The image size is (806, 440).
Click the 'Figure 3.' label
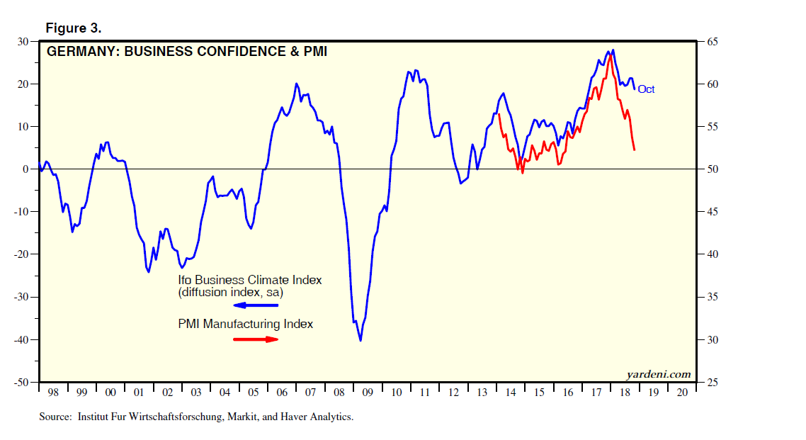(x=74, y=28)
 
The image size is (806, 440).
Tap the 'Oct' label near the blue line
(x=646, y=89)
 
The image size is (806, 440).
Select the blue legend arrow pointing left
(x=256, y=305)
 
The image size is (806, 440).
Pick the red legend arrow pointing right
(x=256, y=339)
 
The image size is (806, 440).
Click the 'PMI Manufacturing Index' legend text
(x=245, y=324)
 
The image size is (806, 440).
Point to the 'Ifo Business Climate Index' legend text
(x=249, y=280)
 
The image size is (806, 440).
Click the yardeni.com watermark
(x=658, y=374)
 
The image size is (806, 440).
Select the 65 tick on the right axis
(x=709, y=42)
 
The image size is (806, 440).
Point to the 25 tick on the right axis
(x=709, y=383)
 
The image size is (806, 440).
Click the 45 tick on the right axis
(x=709, y=212)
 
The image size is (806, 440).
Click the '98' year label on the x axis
(x=53, y=392)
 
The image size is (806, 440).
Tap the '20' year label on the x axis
(x=682, y=392)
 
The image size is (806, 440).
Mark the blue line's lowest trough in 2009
(x=361, y=341)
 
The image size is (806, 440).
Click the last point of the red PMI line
(x=634, y=150)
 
